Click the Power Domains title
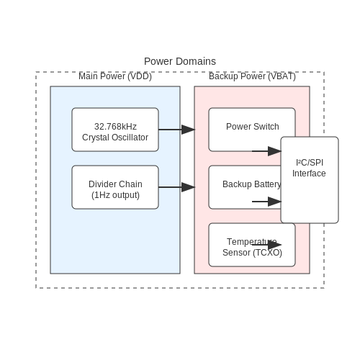click(x=180, y=61)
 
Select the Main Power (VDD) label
click(x=115, y=76)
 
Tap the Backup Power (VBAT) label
click(x=252, y=76)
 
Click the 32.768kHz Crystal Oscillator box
click(x=115, y=130)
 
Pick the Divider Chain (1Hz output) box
click(x=115, y=187)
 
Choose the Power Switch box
click(x=252, y=130)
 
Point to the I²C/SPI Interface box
click(x=310, y=180)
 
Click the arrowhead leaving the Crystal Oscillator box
click(x=188, y=130)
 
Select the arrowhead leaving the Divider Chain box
click(x=188, y=187)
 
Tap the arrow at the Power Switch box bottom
click(x=266, y=151)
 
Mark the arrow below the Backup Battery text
click(x=266, y=202)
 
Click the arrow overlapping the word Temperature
click(x=266, y=245)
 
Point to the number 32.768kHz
click(x=115, y=127)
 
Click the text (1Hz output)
click(x=115, y=195)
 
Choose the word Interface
click(x=309, y=174)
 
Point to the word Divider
click(x=100, y=184)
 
